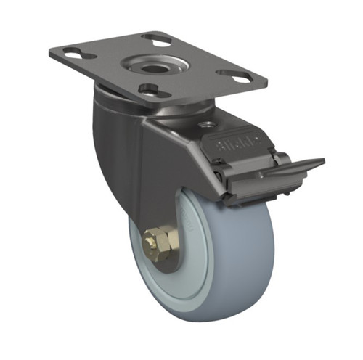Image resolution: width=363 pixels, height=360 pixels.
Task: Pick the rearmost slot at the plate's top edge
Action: [x=157, y=36]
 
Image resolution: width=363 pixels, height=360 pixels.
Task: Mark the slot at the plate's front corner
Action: [x=152, y=91]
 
